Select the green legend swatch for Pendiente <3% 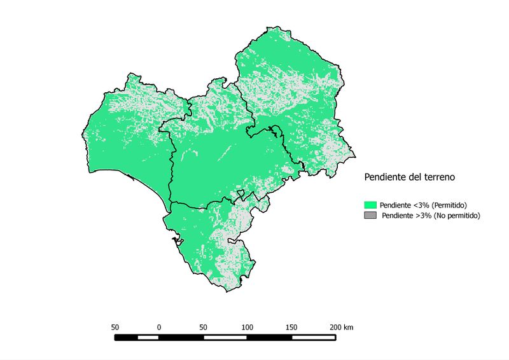(x=370, y=205)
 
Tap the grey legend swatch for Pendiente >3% (x=370, y=216)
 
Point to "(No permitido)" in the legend (x=454, y=216)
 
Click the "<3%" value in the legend (x=421, y=205)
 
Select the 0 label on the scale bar (x=158, y=327)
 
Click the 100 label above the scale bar (x=247, y=327)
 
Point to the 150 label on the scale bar (x=291, y=327)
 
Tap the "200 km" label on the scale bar (x=341, y=327)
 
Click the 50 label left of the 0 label (x=115, y=327)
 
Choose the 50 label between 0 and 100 (x=203, y=327)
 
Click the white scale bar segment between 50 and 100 (x=225, y=336)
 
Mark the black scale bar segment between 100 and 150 (x=269, y=336)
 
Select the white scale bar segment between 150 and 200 (x=313, y=336)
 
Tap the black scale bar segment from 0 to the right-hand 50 (x=181, y=336)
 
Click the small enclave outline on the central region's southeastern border (x=241, y=193)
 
